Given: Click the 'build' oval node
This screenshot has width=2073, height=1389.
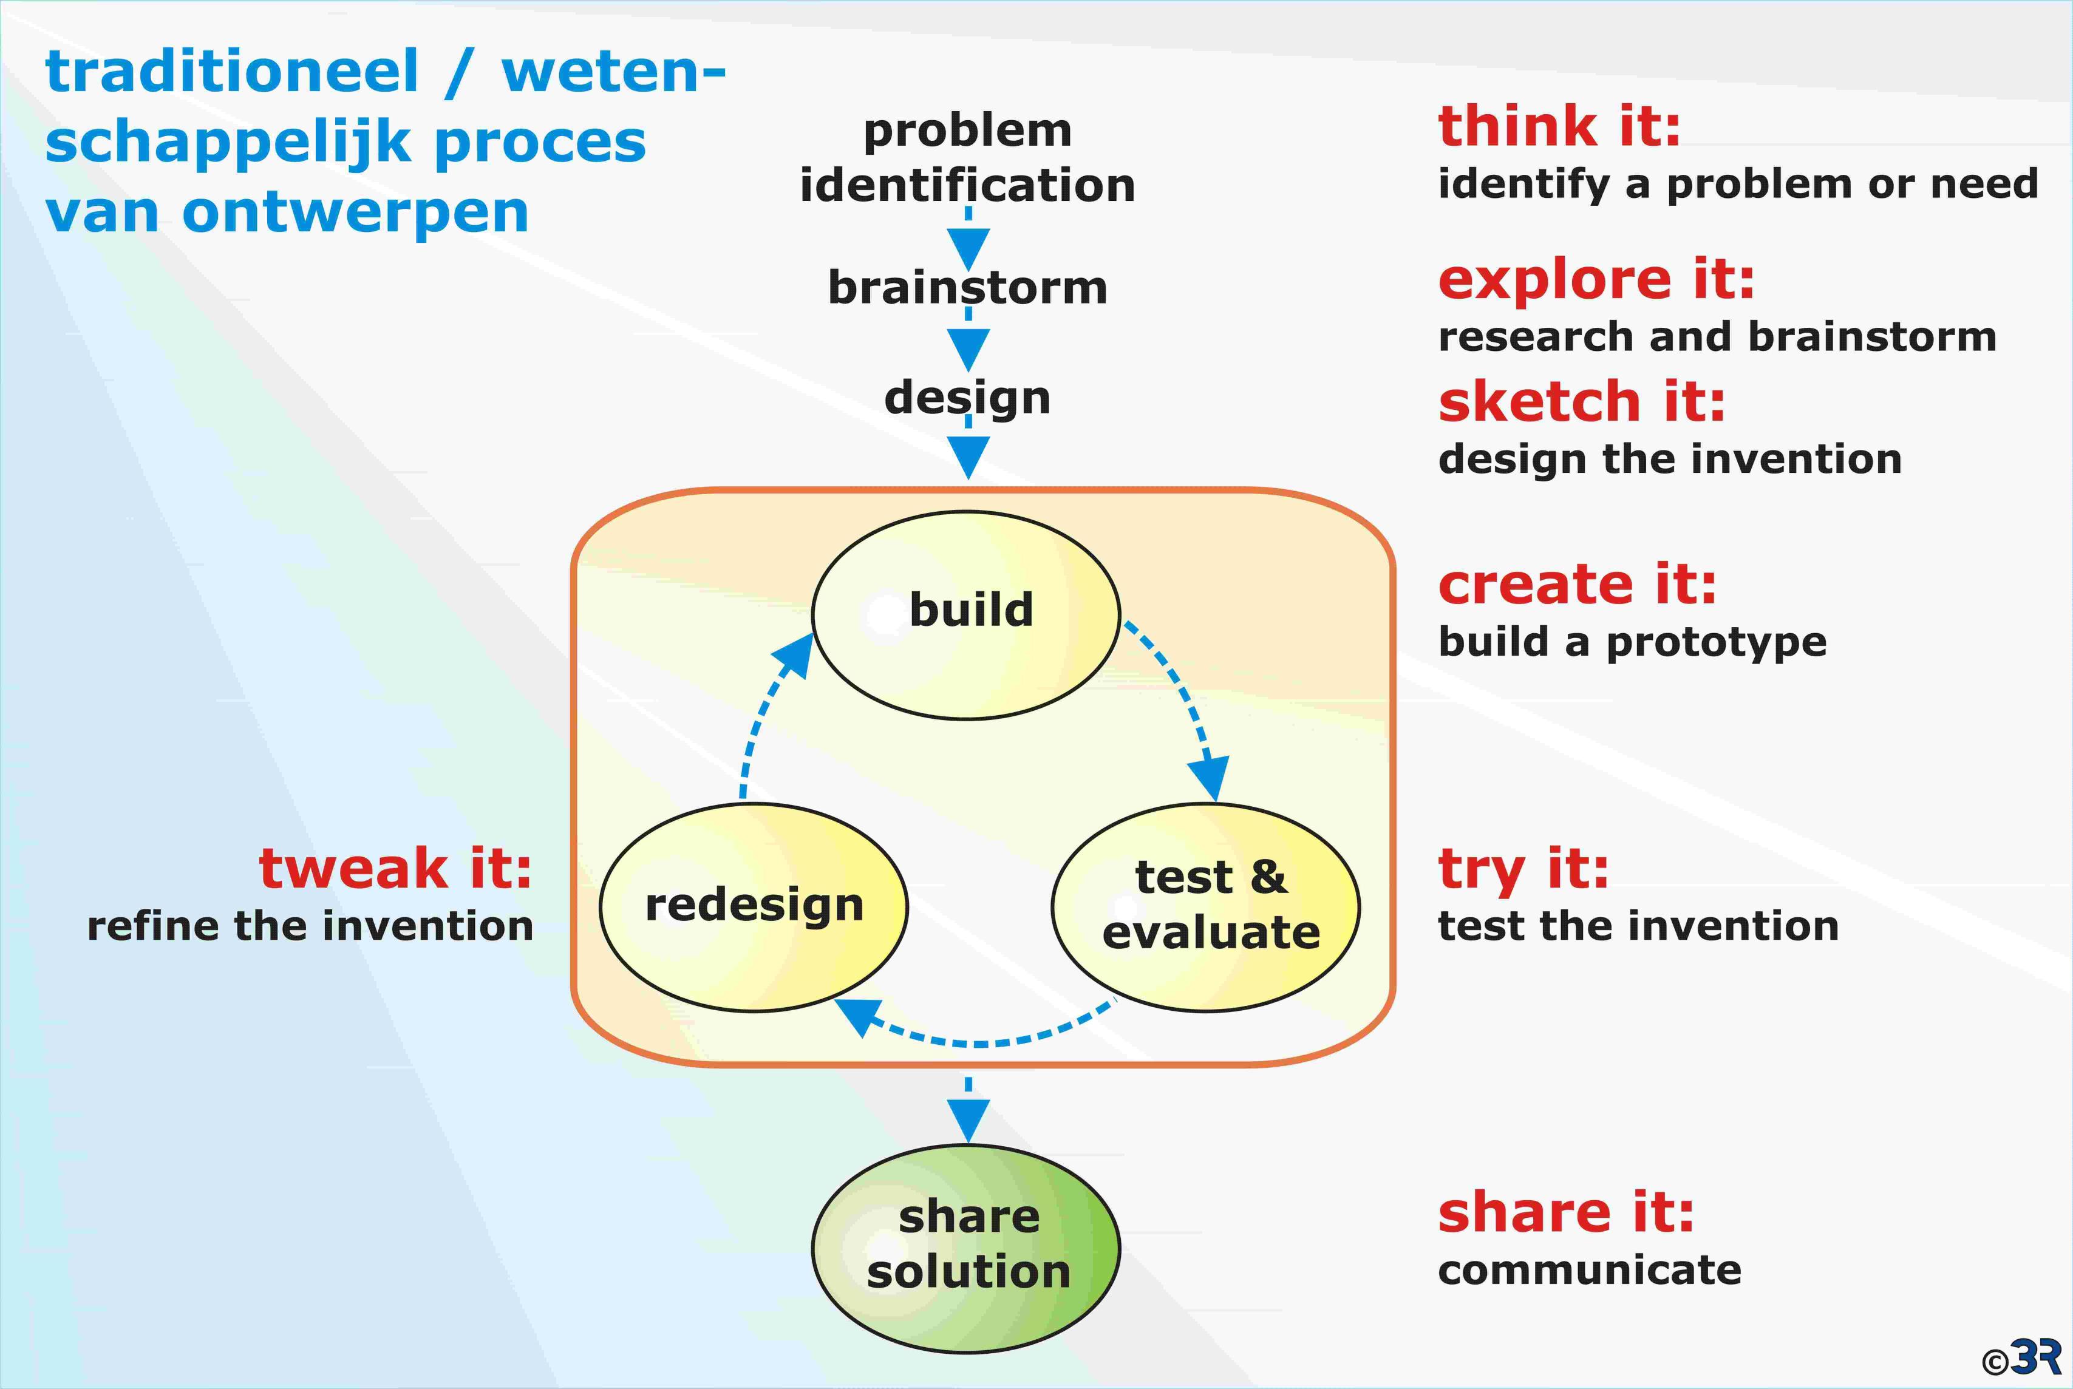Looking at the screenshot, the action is coord(965,615).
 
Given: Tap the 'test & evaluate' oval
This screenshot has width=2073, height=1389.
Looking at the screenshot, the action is coord(1206,907).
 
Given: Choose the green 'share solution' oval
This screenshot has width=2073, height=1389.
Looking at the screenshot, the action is coord(965,1249).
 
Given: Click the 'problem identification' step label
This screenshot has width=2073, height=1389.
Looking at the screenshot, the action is coord(967,158).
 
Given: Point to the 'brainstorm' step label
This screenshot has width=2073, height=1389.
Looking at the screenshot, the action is coord(967,287).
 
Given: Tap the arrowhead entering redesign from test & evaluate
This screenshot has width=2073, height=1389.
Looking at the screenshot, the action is coord(859,1017).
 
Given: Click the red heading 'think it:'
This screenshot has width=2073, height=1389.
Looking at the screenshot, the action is coord(1559,126).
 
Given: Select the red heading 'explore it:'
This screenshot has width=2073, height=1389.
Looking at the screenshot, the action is coord(1596,282).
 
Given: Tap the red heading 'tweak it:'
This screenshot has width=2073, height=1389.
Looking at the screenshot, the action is coord(395,868).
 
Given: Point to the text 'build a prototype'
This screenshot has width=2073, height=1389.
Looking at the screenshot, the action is coord(1632,643).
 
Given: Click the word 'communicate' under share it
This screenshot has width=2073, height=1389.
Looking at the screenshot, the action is coord(1589,1270).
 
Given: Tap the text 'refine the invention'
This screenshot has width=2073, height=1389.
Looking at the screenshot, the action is coord(310,926).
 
